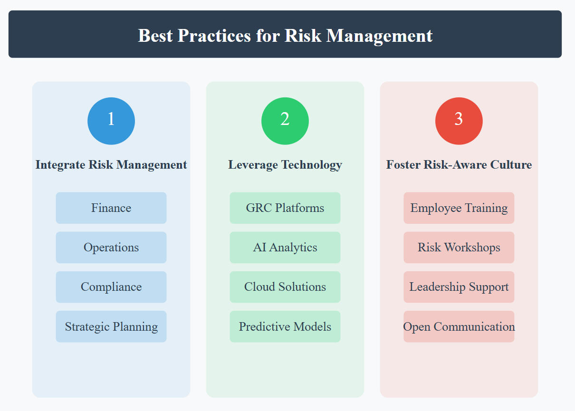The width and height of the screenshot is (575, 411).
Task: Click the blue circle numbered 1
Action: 111,121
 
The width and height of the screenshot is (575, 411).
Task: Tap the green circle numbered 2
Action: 285,121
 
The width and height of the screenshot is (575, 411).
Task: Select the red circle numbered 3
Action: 459,121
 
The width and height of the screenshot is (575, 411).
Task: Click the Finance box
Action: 111,208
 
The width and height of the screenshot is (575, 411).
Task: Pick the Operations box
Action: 111,248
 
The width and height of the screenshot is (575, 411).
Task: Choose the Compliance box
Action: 111,287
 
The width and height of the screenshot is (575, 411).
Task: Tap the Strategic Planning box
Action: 111,326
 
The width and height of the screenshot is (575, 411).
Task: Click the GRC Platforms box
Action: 285,208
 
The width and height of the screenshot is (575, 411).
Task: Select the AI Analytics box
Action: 285,248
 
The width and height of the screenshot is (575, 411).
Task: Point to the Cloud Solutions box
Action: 285,287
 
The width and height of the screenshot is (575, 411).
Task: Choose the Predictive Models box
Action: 285,326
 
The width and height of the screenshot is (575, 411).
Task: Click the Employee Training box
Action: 459,208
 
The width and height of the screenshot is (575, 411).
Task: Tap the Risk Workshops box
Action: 459,248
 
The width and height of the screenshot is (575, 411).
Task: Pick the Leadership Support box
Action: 459,287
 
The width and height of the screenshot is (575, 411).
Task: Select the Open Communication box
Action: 459,326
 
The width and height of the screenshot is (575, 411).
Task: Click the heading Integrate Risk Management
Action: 111,165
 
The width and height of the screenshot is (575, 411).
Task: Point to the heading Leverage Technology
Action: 285,165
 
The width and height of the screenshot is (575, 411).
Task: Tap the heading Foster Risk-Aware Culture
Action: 459,165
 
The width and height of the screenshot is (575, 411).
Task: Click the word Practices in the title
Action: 214,36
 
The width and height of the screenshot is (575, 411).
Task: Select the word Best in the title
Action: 155,36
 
